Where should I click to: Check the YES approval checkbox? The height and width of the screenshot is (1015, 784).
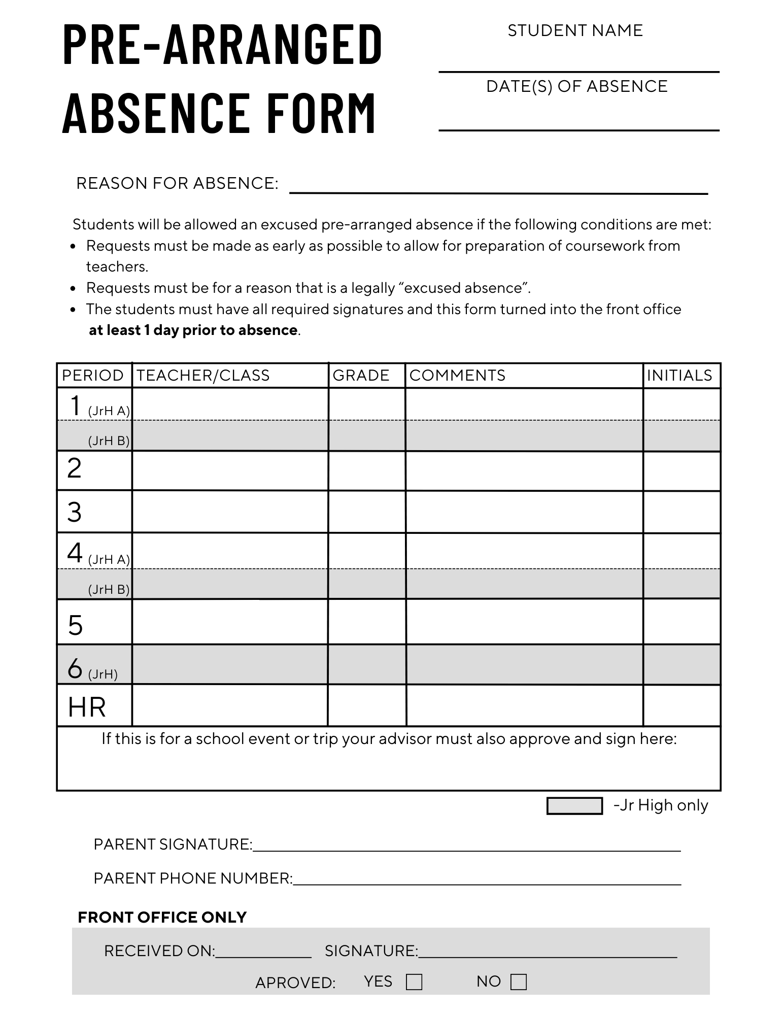click(x=414, y=982)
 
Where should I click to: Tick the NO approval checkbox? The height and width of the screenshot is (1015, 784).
click(x=518, y=982)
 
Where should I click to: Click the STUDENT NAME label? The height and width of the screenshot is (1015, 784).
click(x=575, y=30)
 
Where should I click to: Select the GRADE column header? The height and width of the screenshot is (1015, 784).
click(x=361, y=376)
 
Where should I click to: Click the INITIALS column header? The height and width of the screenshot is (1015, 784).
click(x=679, y=376)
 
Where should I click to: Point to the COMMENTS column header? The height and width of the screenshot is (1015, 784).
click(x=457, y=376)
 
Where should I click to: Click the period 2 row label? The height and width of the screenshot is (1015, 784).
click(x=75, y=468)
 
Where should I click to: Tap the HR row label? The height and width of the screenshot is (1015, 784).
click(x=87, y=707)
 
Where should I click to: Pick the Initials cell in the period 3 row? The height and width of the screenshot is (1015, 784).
click(x=681, y=512)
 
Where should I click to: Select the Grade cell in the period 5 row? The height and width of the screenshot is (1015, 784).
click(x=366, y=622)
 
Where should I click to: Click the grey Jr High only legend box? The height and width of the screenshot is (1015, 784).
click(x=574, y=806)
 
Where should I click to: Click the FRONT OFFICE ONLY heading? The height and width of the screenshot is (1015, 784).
click(x=162, y=917)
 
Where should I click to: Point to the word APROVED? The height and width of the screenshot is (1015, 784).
click(x=295, y=983)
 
